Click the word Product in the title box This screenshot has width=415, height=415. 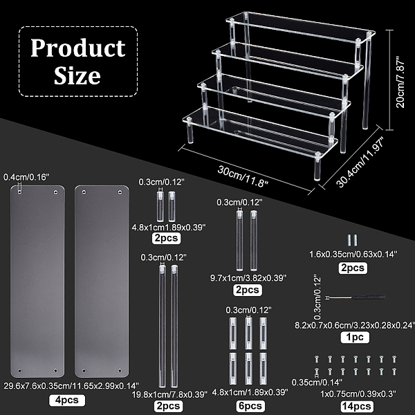pyautogui.click(x=78, y=48)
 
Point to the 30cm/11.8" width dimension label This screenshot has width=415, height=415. pyautogui.click(x=243, y=176)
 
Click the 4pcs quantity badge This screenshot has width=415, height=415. pyautogui.click(x=67, y=400)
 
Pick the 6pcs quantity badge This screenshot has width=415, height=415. pyautogui.click(x=250, y=406)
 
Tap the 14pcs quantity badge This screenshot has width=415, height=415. pyautogui.click(x=356, y=406)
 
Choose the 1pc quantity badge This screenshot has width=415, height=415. pyautogui.click(x=355, y=338)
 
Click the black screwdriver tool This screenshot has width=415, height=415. pyautogui.click(x=356, y=297)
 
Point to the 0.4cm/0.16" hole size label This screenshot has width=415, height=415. pyautogui.click(x=26, y=177)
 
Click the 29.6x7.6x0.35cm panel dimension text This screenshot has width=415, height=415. pyautogui.click(x=71, y=386)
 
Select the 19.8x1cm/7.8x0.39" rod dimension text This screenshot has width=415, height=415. pyautogui.click(x=169, y=394)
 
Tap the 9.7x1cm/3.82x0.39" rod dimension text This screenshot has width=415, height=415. pyautogui.click(x=248, y=278)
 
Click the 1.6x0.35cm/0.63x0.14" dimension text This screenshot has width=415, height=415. pyautogui.click(x=353, y=255)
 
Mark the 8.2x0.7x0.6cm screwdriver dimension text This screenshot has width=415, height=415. pyautogui.click(x=355, y=325)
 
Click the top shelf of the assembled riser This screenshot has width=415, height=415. pyautogui.click(x=300, y=27)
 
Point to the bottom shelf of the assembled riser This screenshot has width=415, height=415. pyautogui.click(x=260, y=132)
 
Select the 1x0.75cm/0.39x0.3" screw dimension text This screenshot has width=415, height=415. pyautogui.click(x=358, y=394)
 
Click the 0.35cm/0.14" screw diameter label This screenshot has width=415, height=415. pyautogui.click(x=317, y=382)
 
